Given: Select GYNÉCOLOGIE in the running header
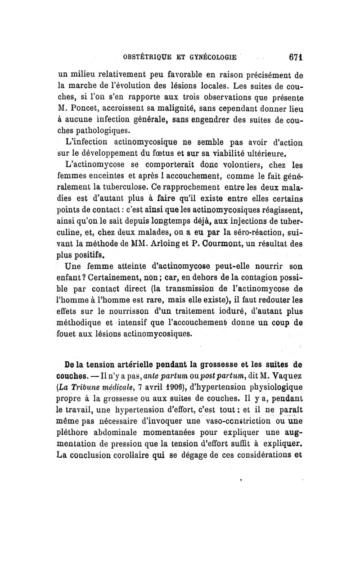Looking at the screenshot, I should (x=211, y=58).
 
